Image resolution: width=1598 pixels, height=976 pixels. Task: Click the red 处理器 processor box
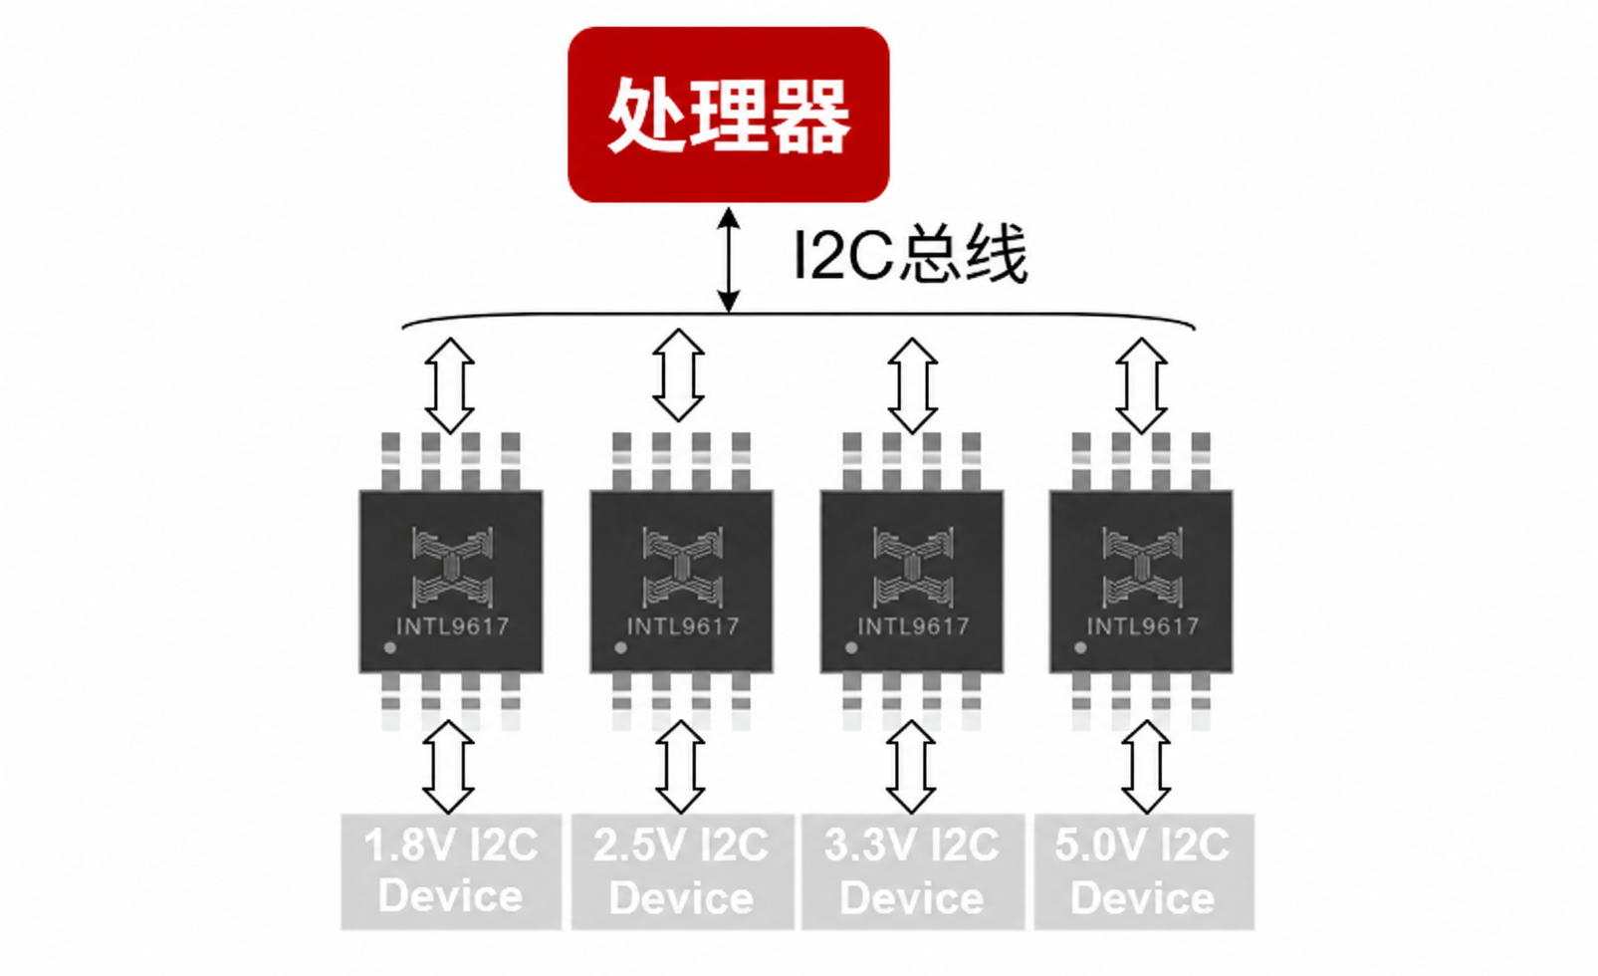click(x=729, y=115)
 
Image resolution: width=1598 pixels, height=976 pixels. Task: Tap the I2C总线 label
click(x=911, y=254)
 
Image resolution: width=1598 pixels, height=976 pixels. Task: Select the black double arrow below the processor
click(x=728, y=260)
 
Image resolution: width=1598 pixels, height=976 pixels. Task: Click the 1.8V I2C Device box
click(x=451, y=871)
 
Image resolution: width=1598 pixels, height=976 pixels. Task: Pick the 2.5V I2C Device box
click(x=682, y=871)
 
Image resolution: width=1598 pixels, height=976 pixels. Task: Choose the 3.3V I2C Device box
click(x=912, y=871)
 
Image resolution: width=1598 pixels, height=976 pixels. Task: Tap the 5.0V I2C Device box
click(x=1144, y=871)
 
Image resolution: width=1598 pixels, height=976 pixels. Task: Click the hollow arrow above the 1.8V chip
click(x=449, y=386)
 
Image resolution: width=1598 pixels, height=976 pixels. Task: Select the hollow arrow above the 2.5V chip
click(x=678, y=375)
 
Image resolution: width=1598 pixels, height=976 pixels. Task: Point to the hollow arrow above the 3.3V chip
click(x=912, y=386)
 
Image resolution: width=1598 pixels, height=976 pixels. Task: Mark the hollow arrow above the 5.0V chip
click(x=1141, y=386)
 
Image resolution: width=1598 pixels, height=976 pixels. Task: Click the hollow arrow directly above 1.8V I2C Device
click(x=448, y=767)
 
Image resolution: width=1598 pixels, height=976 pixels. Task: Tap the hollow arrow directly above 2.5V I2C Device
click(x=680, y=767)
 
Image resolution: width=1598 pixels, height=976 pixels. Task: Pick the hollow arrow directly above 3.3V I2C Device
click(x=911, y=767)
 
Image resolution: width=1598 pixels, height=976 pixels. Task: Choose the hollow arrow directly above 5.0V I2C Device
click(x=1146, y=767)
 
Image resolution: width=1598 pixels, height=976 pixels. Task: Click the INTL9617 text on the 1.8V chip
click(x=452, y=626)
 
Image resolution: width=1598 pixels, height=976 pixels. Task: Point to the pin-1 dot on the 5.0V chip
click(x=1081, y=647)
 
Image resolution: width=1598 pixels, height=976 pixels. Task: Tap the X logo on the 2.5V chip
click(x=683, y=568)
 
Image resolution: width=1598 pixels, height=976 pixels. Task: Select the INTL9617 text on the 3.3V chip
click(x=913, y=626)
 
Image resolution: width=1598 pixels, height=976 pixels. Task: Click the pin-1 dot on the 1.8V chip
click(x=390, y=647)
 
